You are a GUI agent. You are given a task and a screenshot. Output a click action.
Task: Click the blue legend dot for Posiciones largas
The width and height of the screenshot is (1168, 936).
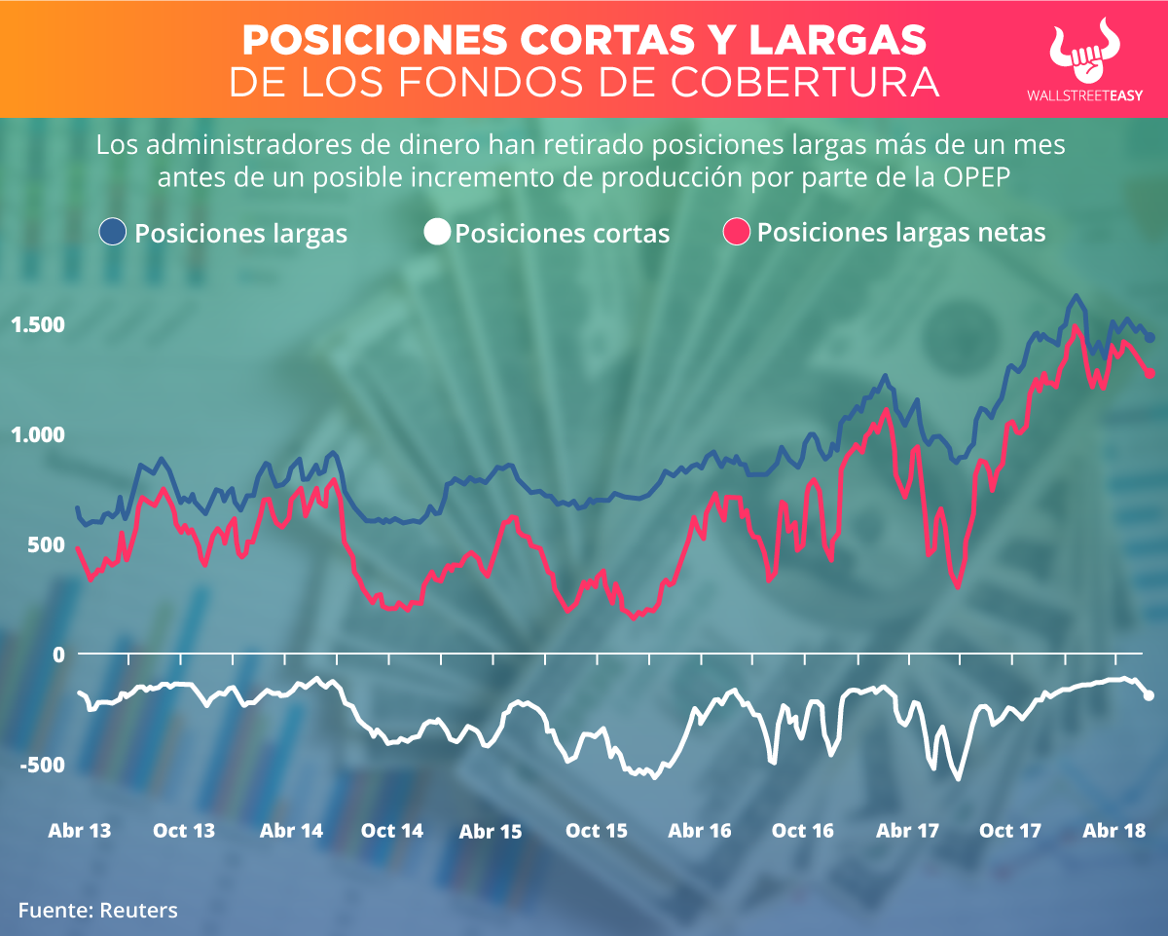click(x=114, y=232)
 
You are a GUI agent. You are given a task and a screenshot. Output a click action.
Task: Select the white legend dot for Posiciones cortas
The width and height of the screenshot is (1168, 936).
click(x=438, y=232)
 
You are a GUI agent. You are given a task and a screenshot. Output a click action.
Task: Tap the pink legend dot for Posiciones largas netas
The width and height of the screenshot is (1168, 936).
click(x=737, y=232)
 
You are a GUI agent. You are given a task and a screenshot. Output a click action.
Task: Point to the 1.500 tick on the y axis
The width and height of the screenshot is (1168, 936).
click(x=37, y=324)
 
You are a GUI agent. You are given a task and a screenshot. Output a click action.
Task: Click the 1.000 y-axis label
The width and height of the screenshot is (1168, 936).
click(x=37, y=434)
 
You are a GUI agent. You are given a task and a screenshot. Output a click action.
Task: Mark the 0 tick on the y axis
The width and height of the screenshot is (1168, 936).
click(x=57, y=655)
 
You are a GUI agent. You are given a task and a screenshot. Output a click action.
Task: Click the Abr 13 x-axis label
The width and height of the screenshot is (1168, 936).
click(x=80, y=831)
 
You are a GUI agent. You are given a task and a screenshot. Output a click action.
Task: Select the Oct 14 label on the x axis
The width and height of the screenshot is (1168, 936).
click(x=391, y=831)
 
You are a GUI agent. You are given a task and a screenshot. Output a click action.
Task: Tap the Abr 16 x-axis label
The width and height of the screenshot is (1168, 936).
click(x=700, y=831)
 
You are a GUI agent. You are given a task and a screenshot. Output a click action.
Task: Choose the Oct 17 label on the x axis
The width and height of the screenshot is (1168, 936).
click(x=1010, y=831)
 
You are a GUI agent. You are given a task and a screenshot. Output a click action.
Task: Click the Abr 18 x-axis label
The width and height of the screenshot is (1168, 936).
click(x=1113, y=831)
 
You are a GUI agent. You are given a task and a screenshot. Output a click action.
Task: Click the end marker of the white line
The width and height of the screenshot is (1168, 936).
click(x=1149, y=695)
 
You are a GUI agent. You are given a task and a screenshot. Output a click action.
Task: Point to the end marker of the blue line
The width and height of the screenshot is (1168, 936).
click(x=1150, y=337)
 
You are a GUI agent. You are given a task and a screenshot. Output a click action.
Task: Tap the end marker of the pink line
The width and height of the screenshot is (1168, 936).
click(x=1150, y=373)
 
